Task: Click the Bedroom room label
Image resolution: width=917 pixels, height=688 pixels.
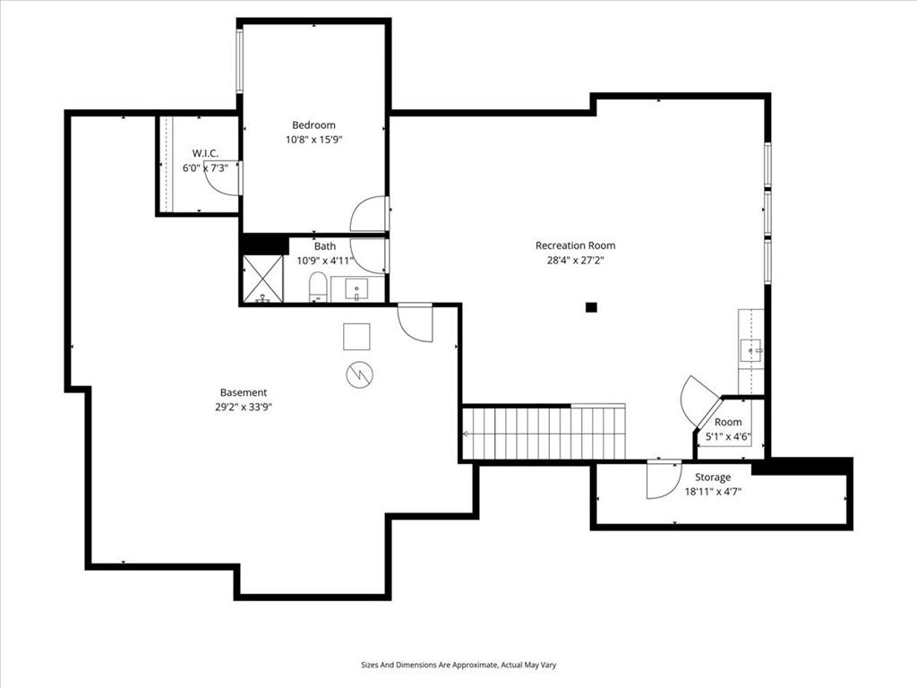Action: click(x=313, y=125)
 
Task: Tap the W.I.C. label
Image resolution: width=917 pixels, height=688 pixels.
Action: click(x=205, y=153)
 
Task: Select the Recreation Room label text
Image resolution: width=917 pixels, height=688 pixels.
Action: click(x=576, y=245)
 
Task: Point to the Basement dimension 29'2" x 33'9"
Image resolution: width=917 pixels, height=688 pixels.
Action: click(x=244, y=408)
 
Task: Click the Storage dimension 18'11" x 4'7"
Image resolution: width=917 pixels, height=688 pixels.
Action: click(x=713, y=492)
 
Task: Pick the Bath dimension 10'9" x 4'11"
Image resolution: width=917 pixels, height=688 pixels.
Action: click(x=325, y=261)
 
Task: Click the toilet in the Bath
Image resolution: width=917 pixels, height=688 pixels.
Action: click(x=317, y=288)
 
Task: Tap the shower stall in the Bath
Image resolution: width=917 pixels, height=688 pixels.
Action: click(x=262, y=279)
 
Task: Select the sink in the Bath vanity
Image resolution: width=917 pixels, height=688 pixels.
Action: click(x=356, y=289)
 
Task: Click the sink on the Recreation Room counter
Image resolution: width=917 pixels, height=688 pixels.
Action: click(x=751, y=350)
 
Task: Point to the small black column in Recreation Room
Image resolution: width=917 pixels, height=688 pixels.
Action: click(x=591, y=306)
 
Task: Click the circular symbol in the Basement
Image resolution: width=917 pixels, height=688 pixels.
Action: click(x=360, y=375)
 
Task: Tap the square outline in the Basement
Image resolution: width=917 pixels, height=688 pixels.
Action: click(x=356, y=337)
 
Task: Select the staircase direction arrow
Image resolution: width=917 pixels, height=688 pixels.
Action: click(x=467, y=434)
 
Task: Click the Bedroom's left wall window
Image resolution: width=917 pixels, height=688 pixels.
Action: click(x=239, y=60)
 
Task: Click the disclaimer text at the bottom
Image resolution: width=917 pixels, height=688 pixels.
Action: click(x=458, y=665)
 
